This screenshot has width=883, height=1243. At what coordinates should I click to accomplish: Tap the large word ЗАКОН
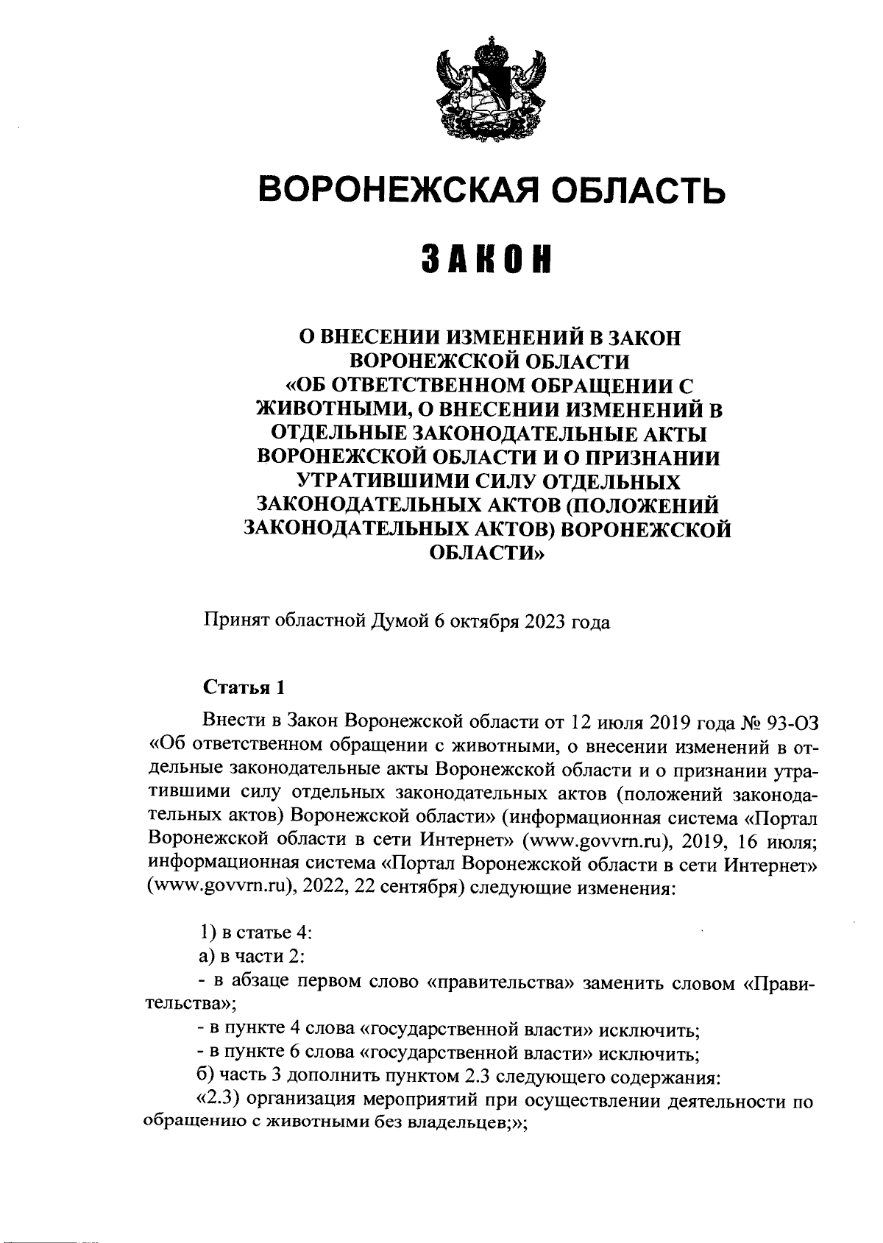point(487,260)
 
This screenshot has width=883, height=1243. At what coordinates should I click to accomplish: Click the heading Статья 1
point(243,687)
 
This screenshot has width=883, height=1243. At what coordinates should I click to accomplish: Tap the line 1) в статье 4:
point(257,934)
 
